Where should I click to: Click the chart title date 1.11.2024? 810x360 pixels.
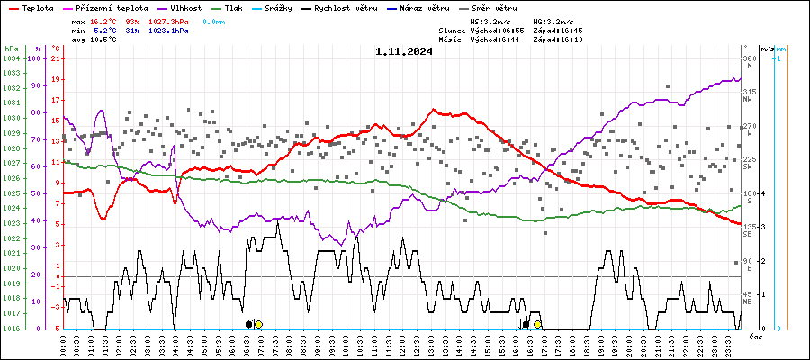point(404,51)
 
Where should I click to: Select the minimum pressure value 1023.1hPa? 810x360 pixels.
point(168,31)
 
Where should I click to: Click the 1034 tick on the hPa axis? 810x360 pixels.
point(11,59)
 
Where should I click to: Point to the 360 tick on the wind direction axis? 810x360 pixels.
point(749,59)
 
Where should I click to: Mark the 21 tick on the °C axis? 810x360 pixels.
point(56,59)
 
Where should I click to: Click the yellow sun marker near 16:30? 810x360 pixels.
point(537,324)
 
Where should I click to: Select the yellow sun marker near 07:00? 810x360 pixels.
point(258,324)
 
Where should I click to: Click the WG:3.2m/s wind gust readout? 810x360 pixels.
point(553,20)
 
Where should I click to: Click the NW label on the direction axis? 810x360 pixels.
point(749,100)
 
